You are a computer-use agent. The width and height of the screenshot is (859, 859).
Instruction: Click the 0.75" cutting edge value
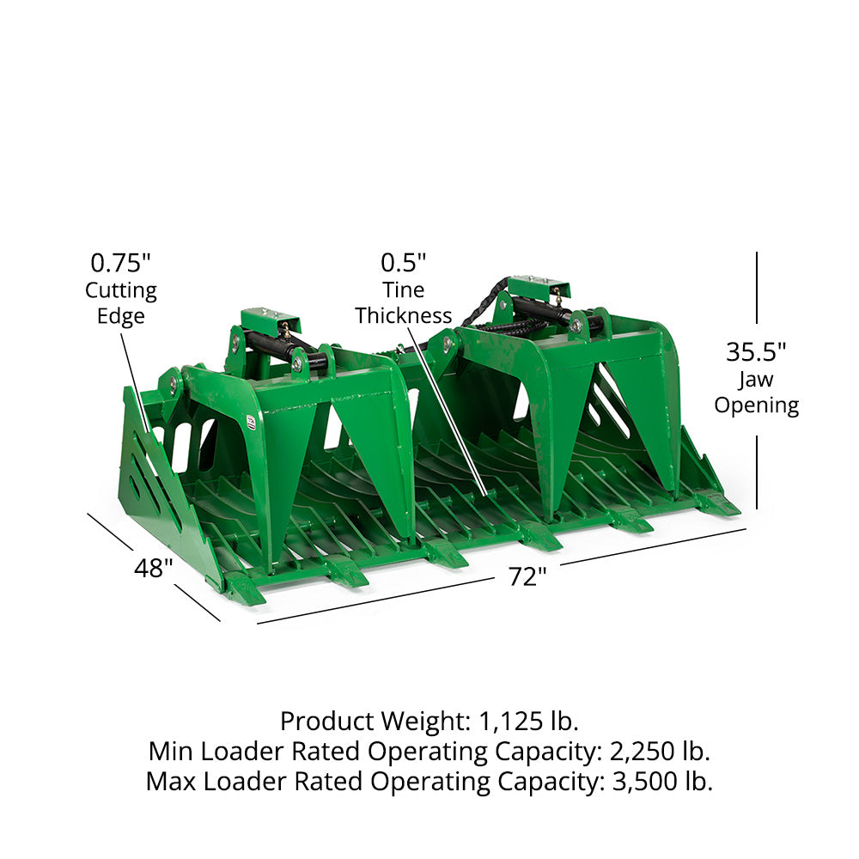pyautogui.click(x=120, y=263)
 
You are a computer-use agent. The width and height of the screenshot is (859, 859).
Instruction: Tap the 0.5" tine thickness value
pyautogui.click(x=403, y=263)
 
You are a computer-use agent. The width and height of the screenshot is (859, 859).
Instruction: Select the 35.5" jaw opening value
pyautogui.click(x=756, y=351)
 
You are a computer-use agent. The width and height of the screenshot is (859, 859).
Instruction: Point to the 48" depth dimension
pyautogui.click(x=154, y=568)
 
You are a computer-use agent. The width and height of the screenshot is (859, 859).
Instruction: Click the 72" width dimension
pyautogui.click(x=527, y=576)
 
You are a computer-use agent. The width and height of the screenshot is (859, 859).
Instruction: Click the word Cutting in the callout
pyautogui.click(x=121, y=291)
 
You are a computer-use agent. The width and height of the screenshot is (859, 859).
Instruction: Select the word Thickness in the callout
pyautogui.click(x=403, y=315)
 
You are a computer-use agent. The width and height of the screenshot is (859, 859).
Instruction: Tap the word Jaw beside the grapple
pyautogui.click(x=755, y=380)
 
